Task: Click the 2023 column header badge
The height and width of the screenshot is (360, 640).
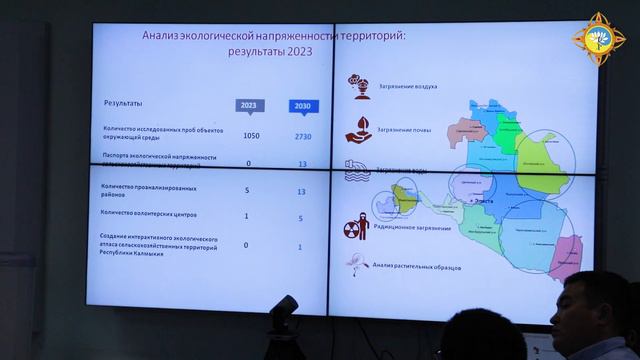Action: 248,105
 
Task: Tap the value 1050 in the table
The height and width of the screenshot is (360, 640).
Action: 250,135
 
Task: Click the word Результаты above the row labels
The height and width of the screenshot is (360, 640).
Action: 122,103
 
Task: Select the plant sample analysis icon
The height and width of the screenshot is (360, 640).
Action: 356,260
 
